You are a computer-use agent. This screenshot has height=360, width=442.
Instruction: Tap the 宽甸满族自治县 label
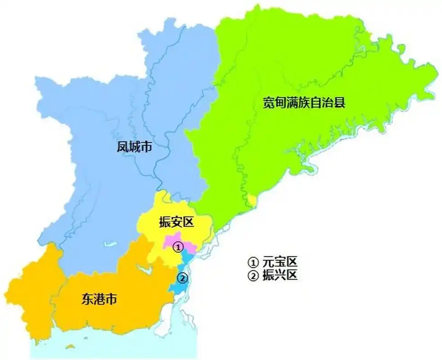click(304, 103)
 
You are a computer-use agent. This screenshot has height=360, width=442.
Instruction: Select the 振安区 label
click(176, 222)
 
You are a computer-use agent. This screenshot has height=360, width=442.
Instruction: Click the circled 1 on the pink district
click(178, 247)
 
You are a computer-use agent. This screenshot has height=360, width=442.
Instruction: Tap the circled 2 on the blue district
click(182, 279)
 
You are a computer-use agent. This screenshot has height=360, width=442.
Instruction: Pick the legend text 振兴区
click(280, 275)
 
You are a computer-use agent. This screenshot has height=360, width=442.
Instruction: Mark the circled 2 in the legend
click(253, 275)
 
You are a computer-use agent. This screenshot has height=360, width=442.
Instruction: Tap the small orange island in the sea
click(70, 346)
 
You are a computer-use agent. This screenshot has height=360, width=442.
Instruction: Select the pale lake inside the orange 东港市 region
click(145, 270)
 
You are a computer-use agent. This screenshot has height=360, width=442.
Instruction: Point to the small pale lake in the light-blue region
click(108, 245)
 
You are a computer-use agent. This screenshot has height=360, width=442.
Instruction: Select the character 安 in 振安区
click(176, 222)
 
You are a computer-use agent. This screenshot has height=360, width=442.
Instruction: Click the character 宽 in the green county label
click(269, 103)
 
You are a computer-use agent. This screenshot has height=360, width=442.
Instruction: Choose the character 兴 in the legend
click(280, 275)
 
